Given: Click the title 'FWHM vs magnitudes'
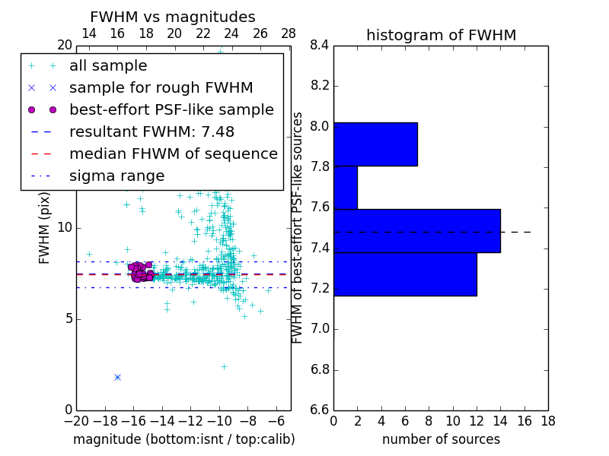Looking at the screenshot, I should tap(173, 17).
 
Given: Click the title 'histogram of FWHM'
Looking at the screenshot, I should tap(441, 35).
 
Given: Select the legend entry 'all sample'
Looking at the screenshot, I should tap(108, 66).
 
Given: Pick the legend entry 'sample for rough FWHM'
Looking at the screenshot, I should tap(161, 87).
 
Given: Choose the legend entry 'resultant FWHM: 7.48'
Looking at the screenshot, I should tap(151, 131).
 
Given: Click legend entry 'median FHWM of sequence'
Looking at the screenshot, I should tap(173, 154).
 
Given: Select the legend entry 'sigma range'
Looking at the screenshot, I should tap(116, 176).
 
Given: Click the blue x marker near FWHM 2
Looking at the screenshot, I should tap(117, 377).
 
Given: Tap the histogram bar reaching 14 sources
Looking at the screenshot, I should tap(416, 230).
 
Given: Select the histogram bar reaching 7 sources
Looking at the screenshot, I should tap(375, 144).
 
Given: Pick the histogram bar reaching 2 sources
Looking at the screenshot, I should tap(346, 187).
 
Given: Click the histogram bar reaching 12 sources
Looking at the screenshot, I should tap(405, 274).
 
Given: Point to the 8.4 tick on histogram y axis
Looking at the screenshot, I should tap(320, 46).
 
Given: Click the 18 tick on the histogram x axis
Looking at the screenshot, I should tap(547, 420).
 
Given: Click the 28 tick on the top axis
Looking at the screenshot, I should tap(289, 33).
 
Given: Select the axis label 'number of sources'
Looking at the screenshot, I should tap(441, 439).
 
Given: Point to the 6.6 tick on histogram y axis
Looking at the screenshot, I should tap(320, 410).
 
